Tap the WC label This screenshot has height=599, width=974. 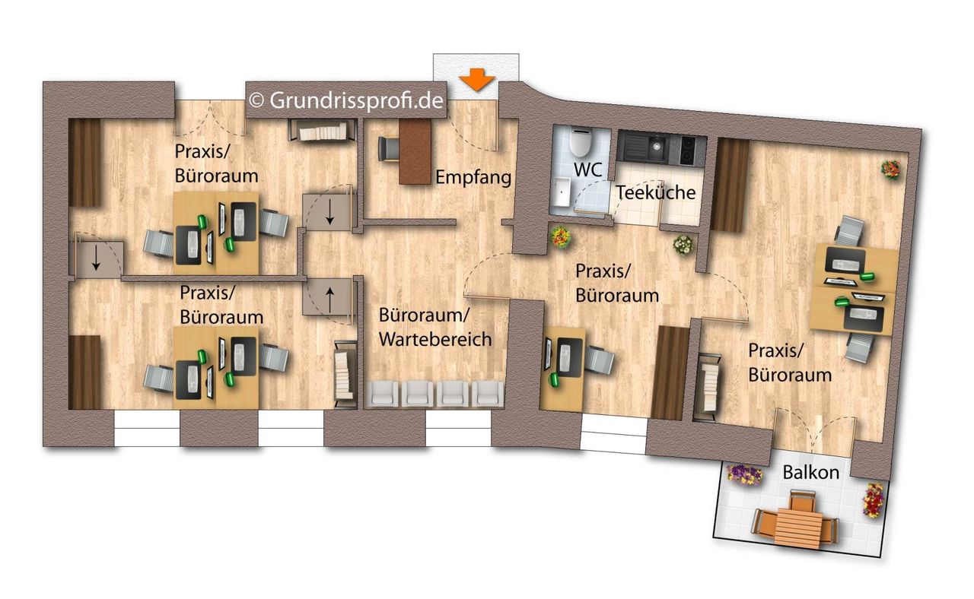[588, 170]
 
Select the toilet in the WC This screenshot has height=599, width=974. [580, 141]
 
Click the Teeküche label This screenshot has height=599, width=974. [656, 192]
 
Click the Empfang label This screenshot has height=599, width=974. [473, 178]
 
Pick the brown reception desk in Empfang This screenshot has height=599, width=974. [415, 151]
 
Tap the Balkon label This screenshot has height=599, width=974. [811, 473]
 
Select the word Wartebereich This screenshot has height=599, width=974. [435, 339]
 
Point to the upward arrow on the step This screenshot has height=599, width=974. [330, 299]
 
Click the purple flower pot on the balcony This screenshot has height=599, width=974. [744, 475]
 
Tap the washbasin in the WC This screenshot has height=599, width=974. [562, 191]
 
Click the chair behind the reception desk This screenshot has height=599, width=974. [388, 149]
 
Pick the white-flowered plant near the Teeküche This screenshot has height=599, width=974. [683, 245]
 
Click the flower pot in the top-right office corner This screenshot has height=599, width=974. [890, 169]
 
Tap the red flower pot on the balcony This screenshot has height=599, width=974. [873, 501]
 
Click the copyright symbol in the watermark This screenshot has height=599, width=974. [256, 101]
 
